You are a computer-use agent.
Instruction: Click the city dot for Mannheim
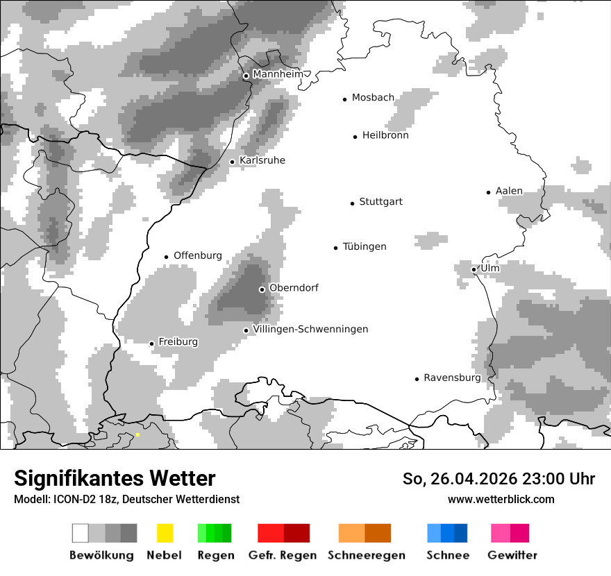pos(246,76)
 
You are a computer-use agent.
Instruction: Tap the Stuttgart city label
pos(380,202)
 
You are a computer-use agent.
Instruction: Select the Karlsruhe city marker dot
pos(233,162)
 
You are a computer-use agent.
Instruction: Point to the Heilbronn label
pos(385,135)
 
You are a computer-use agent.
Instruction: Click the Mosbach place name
pos(373,98)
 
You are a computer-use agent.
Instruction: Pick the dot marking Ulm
pos(474,269)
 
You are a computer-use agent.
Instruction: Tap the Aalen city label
pos(509,191)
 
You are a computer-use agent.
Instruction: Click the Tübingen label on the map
pos(365,246)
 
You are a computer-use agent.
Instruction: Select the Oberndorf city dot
pos(262,289)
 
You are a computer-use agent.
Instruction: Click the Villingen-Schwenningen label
pos(310,329)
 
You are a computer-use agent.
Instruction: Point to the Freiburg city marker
pos(151,344)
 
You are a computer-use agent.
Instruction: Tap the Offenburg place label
pos(197,255)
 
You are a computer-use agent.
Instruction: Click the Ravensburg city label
pos(452,378)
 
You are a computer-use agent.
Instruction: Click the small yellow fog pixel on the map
pos(137,435)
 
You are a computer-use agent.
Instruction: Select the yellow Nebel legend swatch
pos(165,533)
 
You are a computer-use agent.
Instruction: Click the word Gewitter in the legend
pos(512,555)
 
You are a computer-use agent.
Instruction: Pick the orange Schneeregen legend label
pos(367,555)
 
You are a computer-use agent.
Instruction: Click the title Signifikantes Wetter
pos(115,478)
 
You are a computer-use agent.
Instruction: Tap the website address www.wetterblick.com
pos(501,499)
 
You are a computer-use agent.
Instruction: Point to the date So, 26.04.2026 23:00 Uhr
pos(499,479)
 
